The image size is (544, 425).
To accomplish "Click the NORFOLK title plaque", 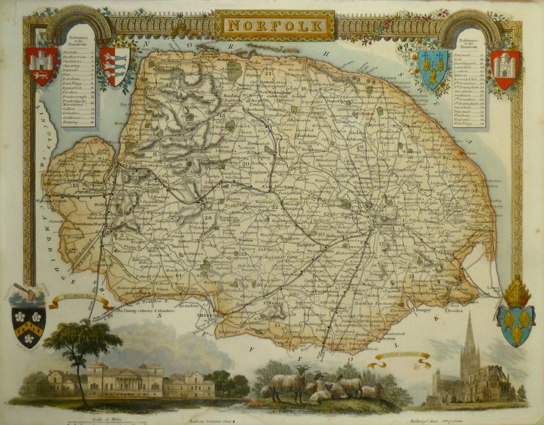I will (274, 26).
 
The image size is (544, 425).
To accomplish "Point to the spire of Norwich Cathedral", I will (470, 336).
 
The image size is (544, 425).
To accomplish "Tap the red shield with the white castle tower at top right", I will (504, 69).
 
